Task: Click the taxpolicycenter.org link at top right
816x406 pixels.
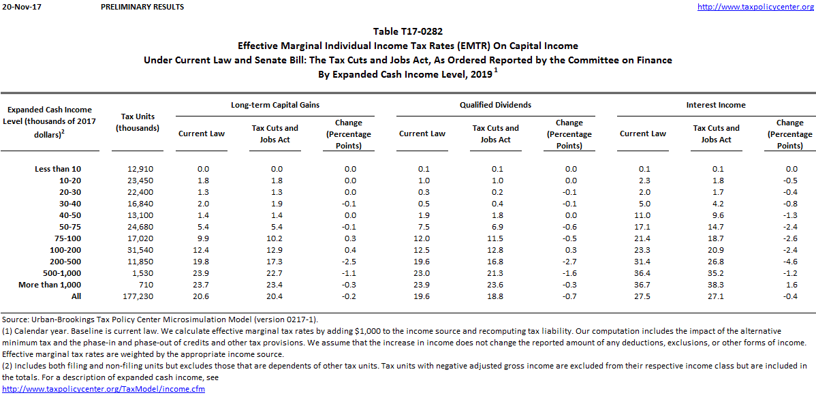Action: [756, 7]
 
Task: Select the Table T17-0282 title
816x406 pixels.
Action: [407, 31]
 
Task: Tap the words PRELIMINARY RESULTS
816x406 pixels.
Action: [142, 7]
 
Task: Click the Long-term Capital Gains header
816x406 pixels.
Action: [274, 105]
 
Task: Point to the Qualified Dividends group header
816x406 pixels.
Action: [495, 105]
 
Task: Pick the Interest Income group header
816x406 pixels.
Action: [716, 105]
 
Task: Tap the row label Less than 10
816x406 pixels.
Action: [58, 169]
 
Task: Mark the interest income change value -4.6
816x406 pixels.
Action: [789, 262]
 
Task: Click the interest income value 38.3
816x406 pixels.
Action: [716, 285]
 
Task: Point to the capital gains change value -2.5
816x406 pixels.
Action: [348, 262]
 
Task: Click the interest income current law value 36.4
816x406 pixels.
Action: [642, 273]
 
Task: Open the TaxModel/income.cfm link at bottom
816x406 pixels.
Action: [104, 389]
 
